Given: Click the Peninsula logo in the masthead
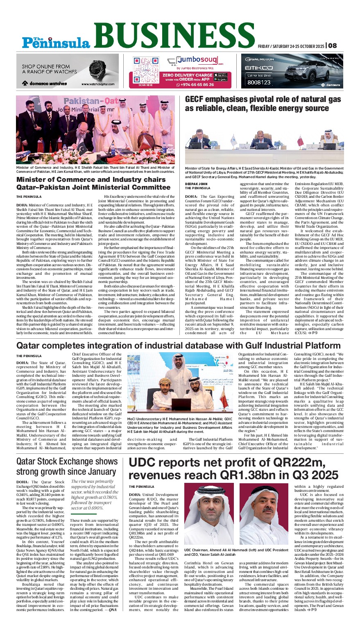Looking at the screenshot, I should (56, 41).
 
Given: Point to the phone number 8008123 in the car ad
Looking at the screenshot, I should (259, 82).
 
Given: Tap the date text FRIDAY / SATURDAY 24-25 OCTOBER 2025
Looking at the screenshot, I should (291, 46).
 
